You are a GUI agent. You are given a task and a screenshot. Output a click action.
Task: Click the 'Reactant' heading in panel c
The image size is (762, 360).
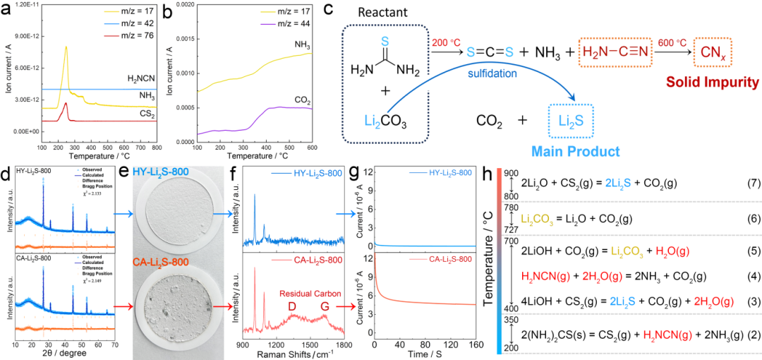coord(377,13)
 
